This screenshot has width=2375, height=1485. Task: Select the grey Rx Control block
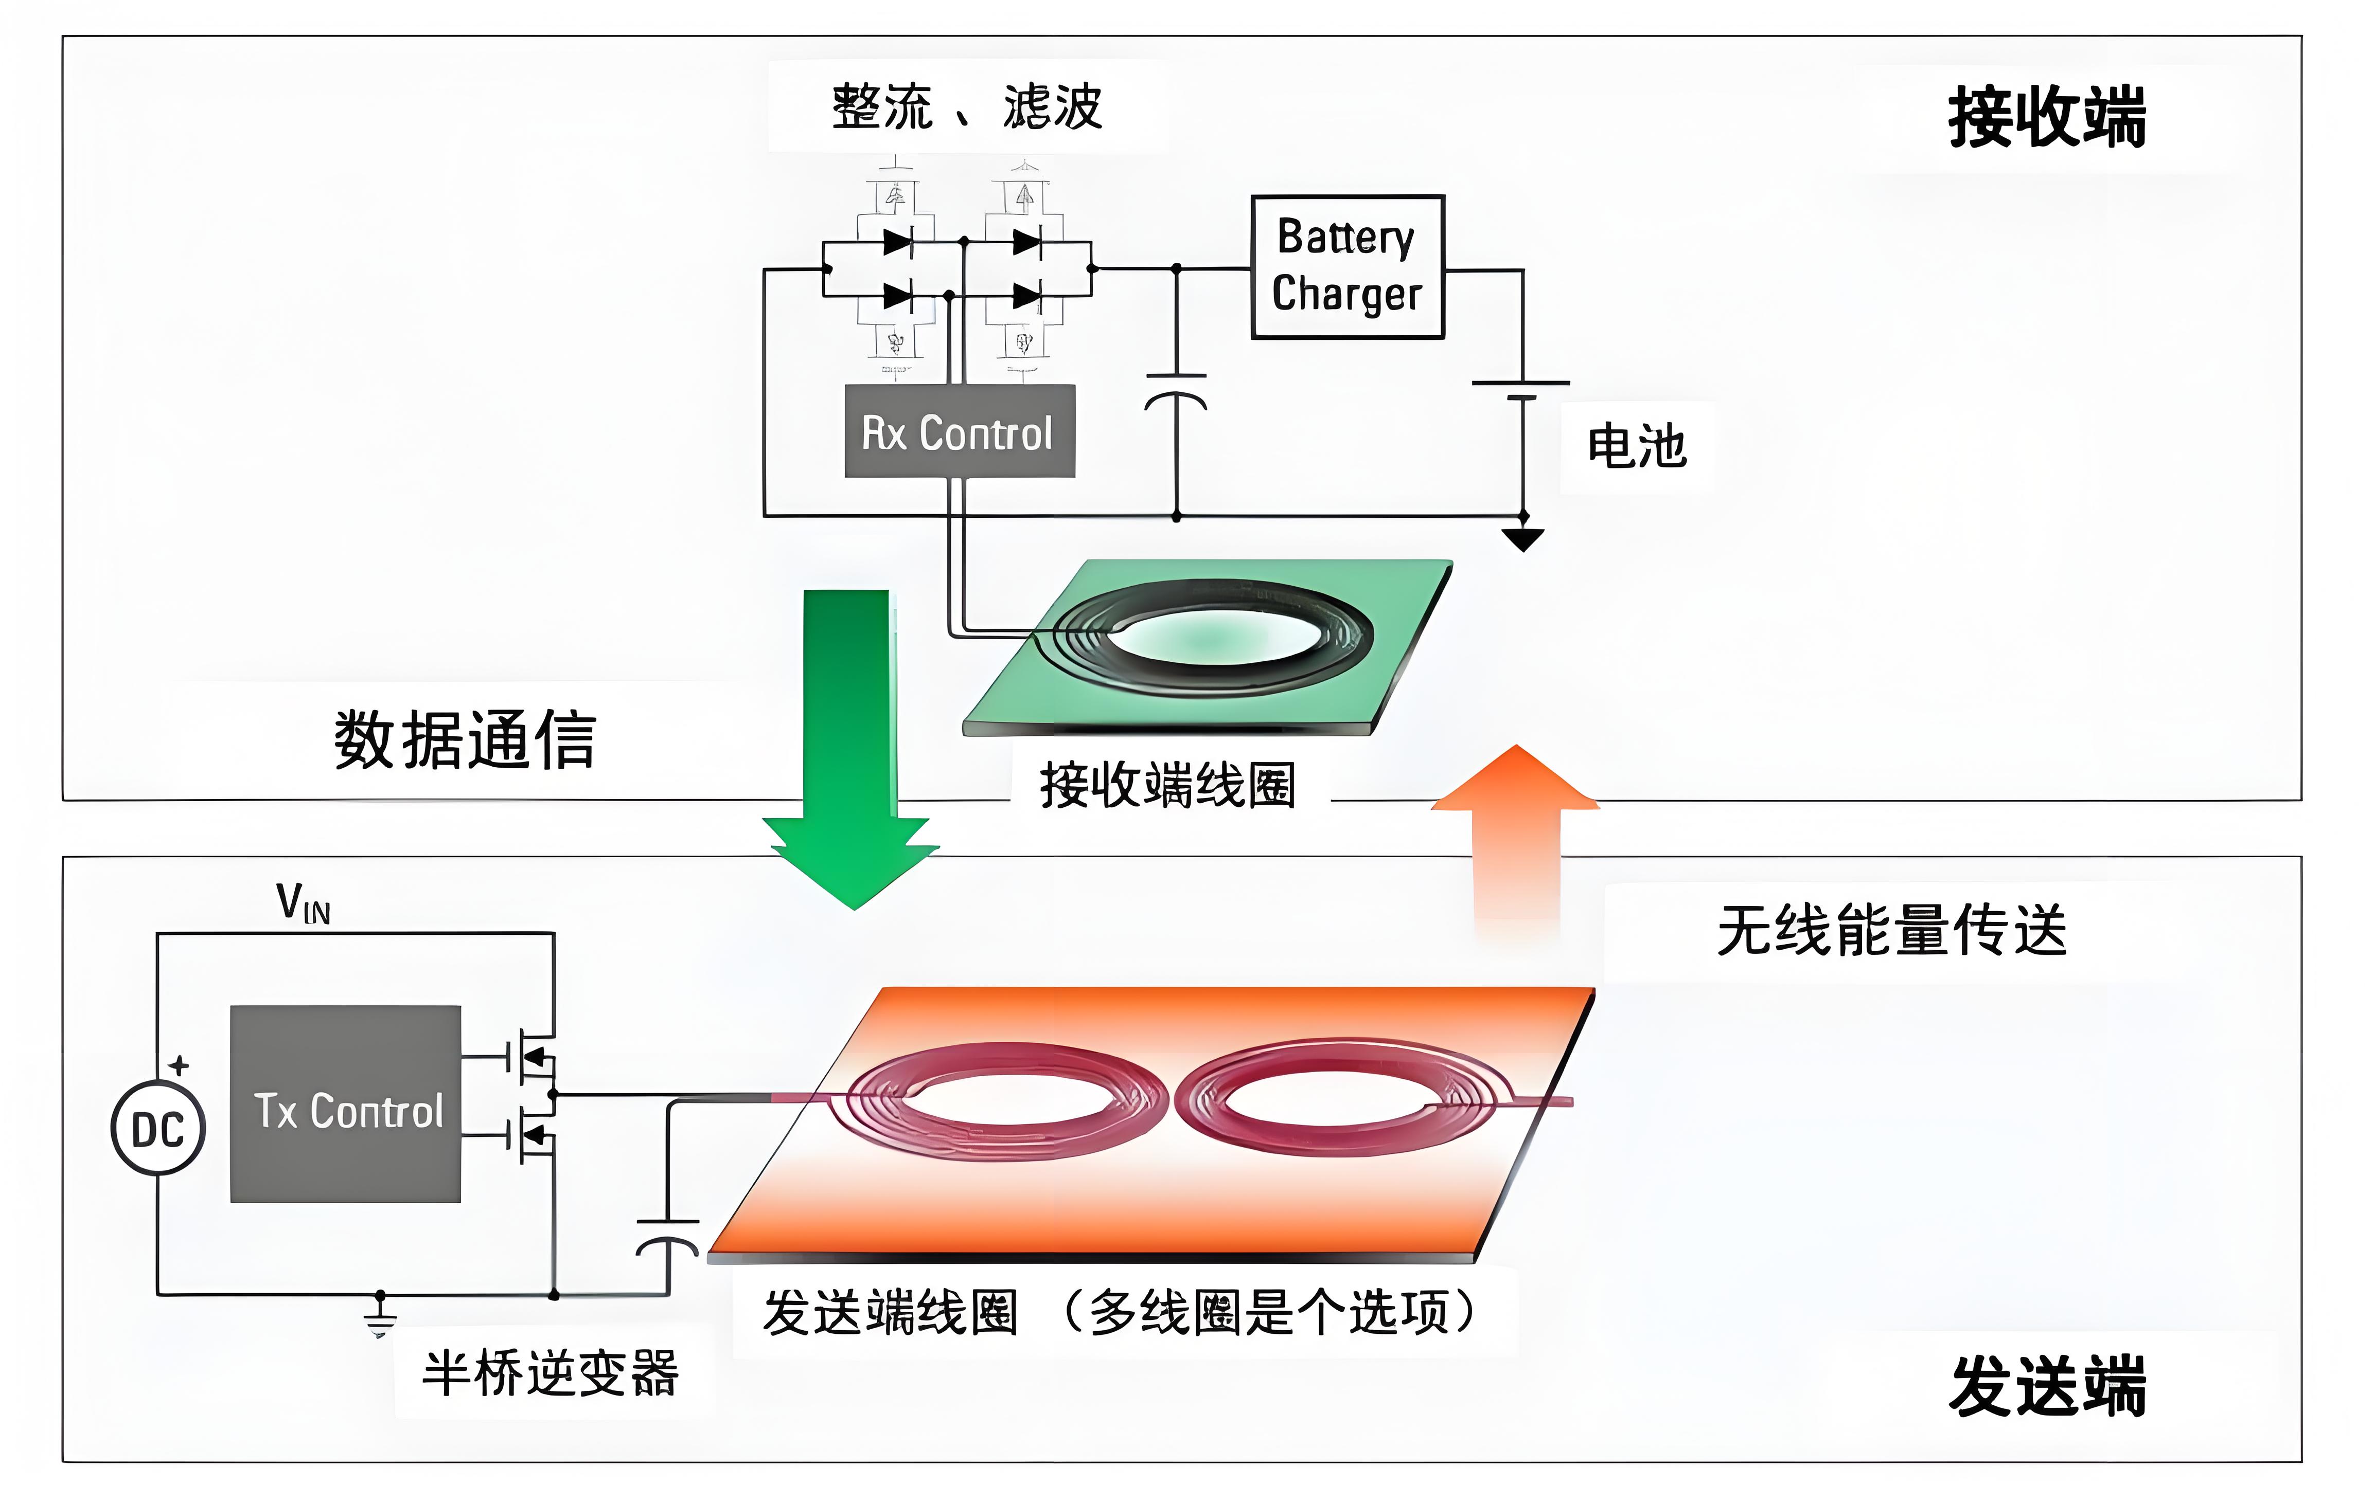point(959,432)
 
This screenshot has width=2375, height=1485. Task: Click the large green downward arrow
point(849,747)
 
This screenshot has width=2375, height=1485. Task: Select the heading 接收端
point(2047,118)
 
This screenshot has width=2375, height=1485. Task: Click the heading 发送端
point(2047,1387)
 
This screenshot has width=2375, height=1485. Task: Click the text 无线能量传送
point(1891,931)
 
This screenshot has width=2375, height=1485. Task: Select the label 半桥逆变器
point(550,1373)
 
